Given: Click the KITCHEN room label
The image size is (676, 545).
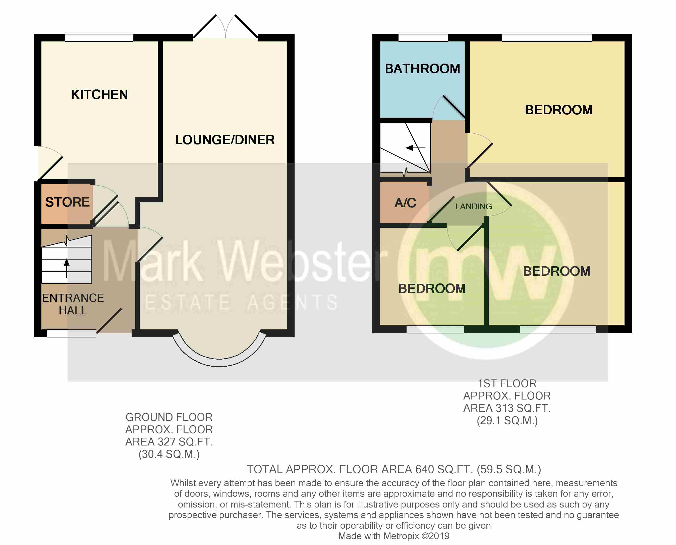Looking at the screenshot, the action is (99, 94).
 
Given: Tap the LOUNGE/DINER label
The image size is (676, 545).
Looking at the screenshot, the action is (225, 140).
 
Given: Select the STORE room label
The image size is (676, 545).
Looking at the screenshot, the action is (68, 202).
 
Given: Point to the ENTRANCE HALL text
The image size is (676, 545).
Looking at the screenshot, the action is (73, 304).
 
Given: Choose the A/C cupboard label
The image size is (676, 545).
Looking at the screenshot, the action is (405, 203).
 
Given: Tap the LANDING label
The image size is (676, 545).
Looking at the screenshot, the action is (473, 207).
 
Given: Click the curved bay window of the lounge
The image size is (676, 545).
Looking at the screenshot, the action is (219, 362).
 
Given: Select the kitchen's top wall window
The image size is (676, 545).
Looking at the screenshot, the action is (99, 38).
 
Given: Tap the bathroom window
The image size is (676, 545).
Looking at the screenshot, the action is (423, 38).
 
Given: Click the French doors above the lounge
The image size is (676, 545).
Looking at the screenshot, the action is (226, 27).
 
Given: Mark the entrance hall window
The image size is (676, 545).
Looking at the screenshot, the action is (72, 333).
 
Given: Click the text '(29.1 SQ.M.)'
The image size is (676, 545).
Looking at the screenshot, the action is (507, 420).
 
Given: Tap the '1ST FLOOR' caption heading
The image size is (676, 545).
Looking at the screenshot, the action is (507, 383).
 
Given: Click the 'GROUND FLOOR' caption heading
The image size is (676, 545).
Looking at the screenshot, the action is (169, 417).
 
